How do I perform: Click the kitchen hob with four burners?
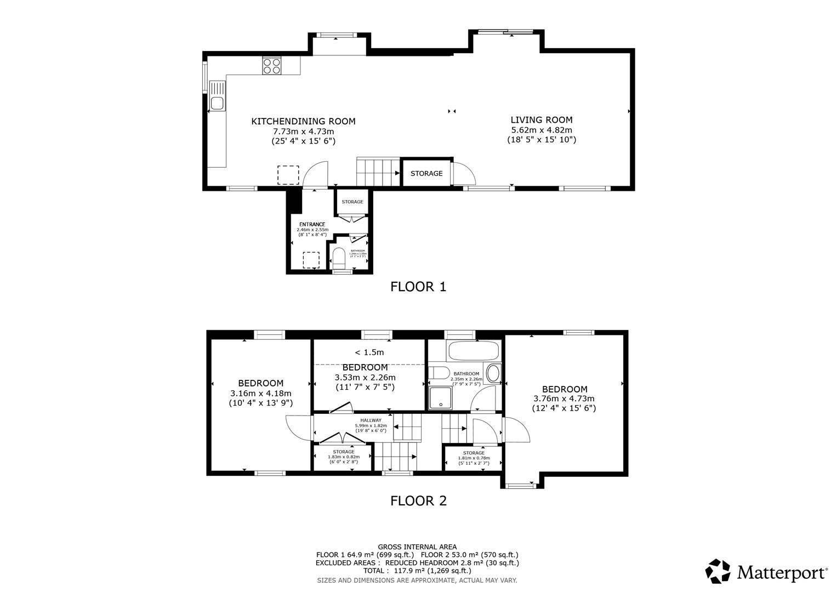pyautogui.click(x=272, y=66)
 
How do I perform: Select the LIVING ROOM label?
pyautogui.click(x=541, y=120)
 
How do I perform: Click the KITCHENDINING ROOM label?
pyautogui.click(x=303, y=122)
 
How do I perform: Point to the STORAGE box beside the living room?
pyautogui.click(x=426, y=173)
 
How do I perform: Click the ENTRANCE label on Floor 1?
pyautogui.click(x=312, y=224)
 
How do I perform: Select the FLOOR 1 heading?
pyautogui.click(x=418, y=287)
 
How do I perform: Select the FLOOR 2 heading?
pyautogui.click(x=418, y=500)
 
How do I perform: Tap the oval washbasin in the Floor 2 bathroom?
pyautogui.click(x=493, y=374)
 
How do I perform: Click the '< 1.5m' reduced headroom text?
pyautogui.click(x=369, y=352)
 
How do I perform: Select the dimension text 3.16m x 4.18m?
pyautogui.click(x=260, y=393)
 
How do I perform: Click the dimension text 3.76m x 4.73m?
pyautogui.click(x=563, y=399)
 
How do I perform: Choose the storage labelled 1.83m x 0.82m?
pyautogui.click(x=343, y=457)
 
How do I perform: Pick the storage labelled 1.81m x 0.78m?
pyautogui.click(x=474, y=458)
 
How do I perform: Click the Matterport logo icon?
pyautogui.click(x=718, y=572)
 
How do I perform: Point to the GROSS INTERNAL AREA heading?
pyautogui.click(x=417, y=547)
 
